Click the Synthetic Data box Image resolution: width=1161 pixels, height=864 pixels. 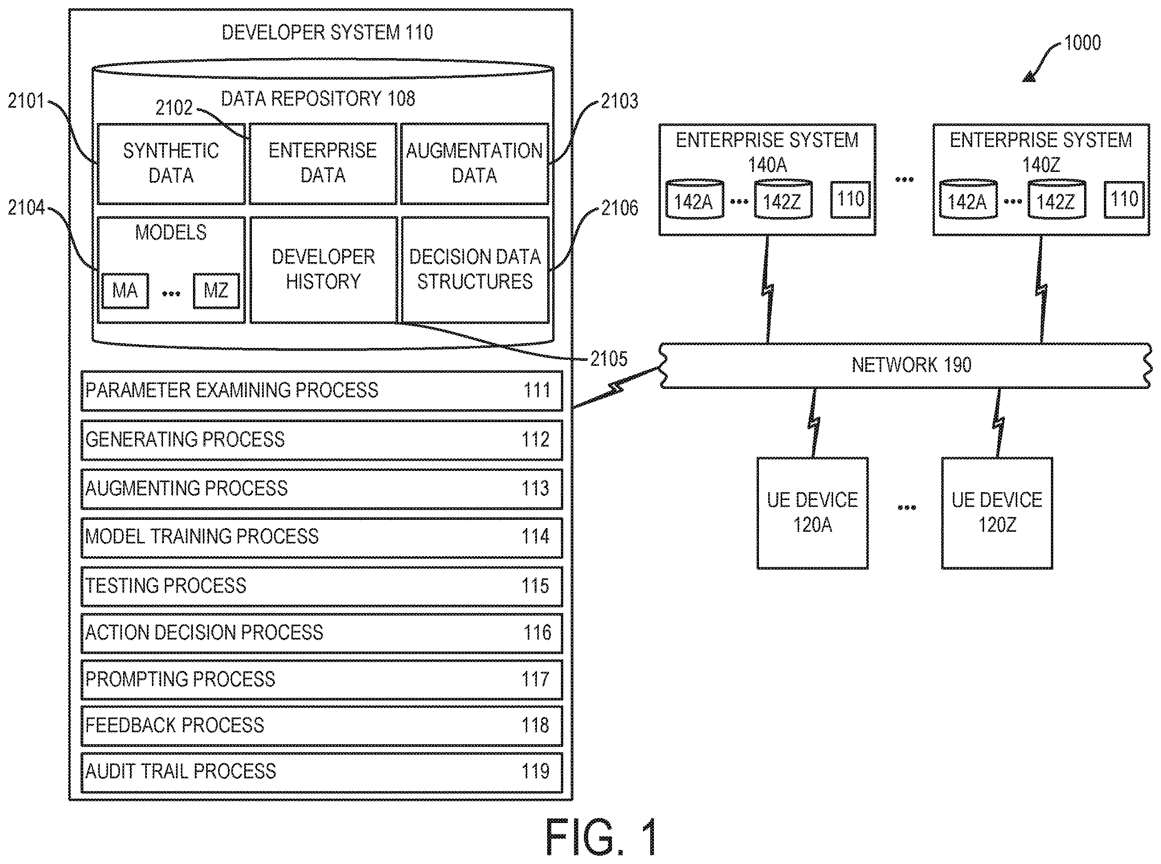tap(171, 164)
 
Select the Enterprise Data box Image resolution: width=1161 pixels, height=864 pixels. tap(323, 164)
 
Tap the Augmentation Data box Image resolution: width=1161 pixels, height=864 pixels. tap(475, 164)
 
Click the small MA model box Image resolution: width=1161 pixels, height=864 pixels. tap(125, 291)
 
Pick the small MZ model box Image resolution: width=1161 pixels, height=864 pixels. tap(216, 291)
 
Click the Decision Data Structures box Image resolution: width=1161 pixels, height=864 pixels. tap(475, 270)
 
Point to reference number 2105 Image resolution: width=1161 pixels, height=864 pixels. tap(609, 359)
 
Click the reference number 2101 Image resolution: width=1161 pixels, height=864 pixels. tap(26, 101)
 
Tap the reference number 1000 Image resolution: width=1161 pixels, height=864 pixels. tap(1083, 43)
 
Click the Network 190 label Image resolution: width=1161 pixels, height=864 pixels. tap(911, 365)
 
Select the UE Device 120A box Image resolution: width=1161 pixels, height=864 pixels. tap(812, 513)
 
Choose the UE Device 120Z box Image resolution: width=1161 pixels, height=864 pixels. tap(997, 513)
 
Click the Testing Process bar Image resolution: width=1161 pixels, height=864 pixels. tap(321, 586)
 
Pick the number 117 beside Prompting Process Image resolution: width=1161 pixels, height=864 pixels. tap(535, 679)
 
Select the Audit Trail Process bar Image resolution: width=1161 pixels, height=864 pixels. tap(321, 772)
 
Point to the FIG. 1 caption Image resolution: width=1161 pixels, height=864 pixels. tap(601, 837)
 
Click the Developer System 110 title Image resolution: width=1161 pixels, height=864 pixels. tap(327, 32)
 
